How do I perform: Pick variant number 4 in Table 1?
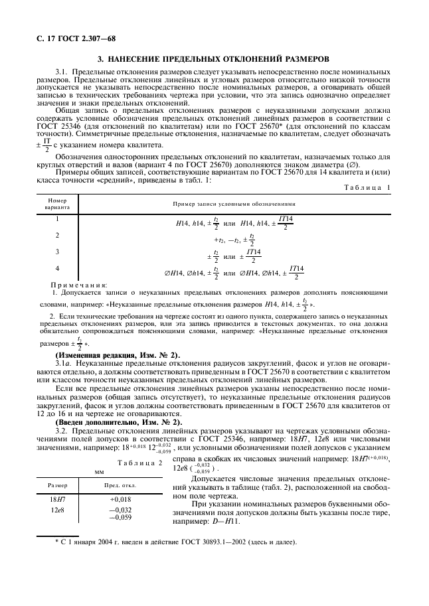tap(57, 267)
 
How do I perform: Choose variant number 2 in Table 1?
tap(57, 235)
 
